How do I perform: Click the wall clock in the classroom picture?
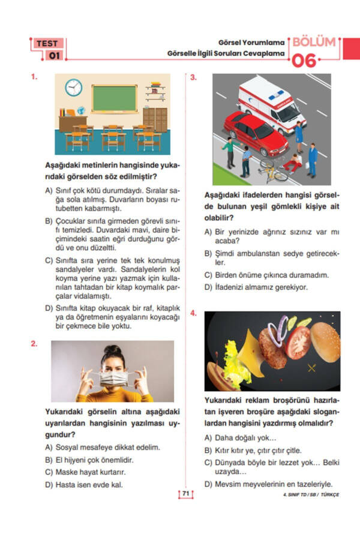73,88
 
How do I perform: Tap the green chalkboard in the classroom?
114,98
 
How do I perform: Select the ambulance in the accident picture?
271,103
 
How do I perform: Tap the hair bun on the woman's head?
112,349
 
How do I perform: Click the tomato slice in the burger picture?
298,343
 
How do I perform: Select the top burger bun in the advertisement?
325,340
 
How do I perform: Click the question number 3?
193,77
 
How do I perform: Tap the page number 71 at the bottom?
185,494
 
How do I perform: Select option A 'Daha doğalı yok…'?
245,437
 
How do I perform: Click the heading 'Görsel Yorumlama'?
253,43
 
